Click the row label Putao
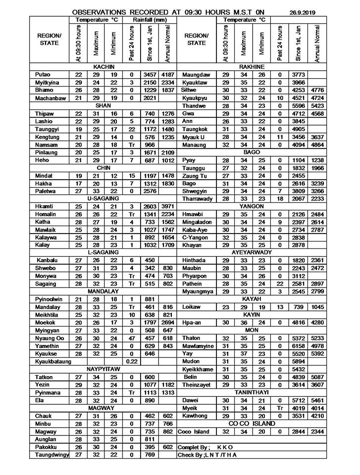click(x=43, y=74)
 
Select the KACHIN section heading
click(x=104, y=66)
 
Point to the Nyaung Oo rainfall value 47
click(x=132, y=338)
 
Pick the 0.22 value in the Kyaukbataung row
click(x=132, y=362)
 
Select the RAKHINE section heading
click(x=252, y=66)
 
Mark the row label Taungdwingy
click(x=52, y=455)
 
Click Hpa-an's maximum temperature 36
click(x=243, y=322)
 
